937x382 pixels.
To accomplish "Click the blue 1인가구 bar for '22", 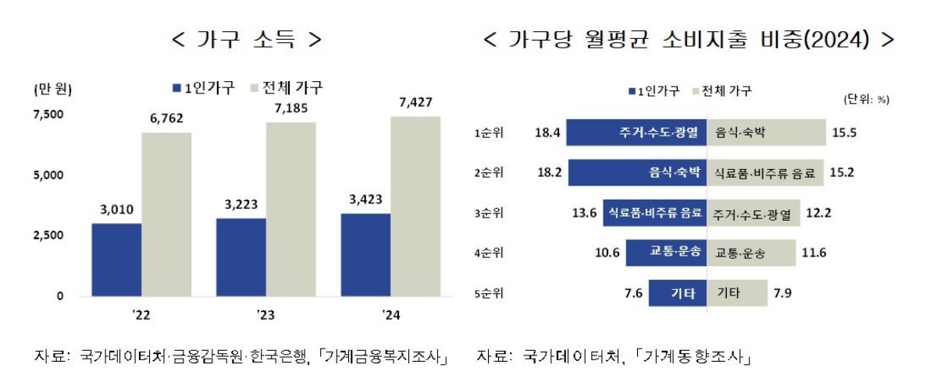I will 116,260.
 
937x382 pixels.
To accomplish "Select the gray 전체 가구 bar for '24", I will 415,207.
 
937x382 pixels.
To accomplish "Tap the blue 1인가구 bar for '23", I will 240,257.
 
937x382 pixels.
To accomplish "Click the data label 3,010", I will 116,208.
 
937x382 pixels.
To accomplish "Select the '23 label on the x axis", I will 265,316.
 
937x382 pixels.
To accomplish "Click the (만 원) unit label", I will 53,89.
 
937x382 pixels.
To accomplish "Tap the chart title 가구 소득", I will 246,39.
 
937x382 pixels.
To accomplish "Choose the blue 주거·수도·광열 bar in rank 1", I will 636,133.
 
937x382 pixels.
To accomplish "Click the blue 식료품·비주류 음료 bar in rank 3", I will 654,213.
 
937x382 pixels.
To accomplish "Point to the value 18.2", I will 546,172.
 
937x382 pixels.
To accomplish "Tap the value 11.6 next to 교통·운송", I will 815,253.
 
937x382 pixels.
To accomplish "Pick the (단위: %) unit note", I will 866,100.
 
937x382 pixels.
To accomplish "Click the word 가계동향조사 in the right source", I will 696,357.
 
